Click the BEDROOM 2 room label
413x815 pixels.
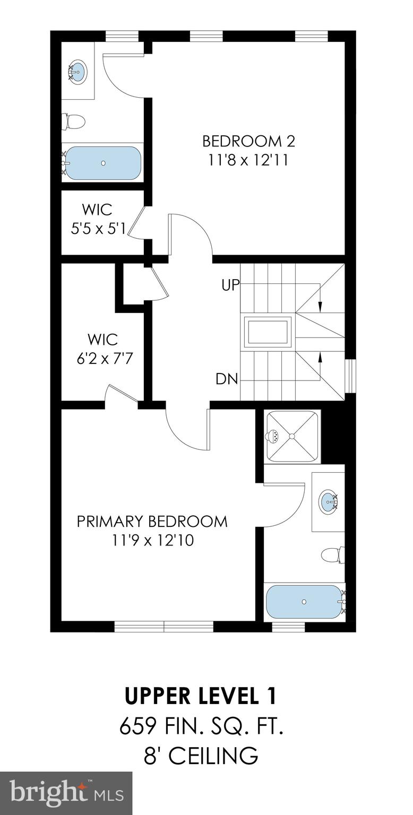click(248, 141)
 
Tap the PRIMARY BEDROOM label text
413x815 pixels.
click(152, 521)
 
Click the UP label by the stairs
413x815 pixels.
click(230, 284)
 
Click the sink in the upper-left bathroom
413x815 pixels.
click(78, 71)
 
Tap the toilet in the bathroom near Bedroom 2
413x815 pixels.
click(73, 122)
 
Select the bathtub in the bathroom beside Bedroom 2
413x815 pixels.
click(102, 163)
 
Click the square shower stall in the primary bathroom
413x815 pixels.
click(291, 436)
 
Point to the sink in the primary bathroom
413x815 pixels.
click(329, 500)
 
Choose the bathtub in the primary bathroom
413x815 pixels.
click(304, 602)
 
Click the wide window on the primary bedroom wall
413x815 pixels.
click(164, 627)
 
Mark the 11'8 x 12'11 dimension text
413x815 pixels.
click(248, 160)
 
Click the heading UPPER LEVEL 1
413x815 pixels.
click(201, 696)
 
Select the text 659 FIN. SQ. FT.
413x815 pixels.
click(201, 725)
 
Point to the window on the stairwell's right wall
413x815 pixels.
click(350, 377)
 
